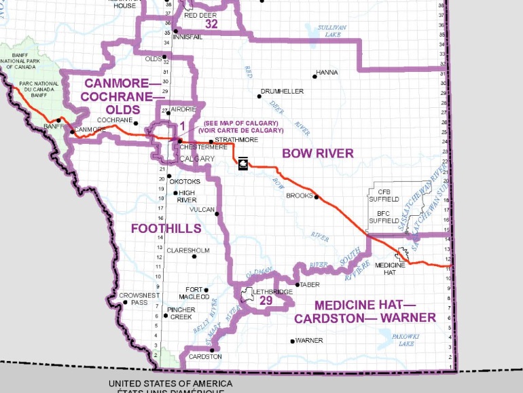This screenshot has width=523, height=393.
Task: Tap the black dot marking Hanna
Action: click(x=315, y=75)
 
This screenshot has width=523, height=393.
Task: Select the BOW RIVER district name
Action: click(x=318, y=153)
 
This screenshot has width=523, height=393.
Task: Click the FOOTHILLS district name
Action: click(x=166, y=228)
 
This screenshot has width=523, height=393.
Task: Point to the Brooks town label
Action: click(x=299, y=195)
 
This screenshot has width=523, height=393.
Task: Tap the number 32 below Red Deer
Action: click(x=211, y=23)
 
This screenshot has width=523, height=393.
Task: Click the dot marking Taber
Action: click(x=297, y=284)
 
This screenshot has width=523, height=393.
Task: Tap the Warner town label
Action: click(x=310, y=341)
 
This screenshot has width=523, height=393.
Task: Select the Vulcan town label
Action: click(x=202, y=209)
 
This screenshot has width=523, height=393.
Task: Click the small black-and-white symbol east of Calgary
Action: click(x=242, y=162)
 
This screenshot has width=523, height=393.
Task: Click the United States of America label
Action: click(x=170, y=383)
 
